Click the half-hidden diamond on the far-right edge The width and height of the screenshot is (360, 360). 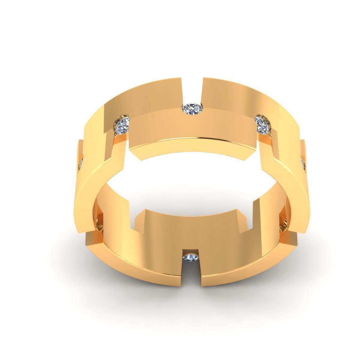tap(304, 164)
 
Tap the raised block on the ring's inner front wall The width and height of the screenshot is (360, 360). tap(192, 228)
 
